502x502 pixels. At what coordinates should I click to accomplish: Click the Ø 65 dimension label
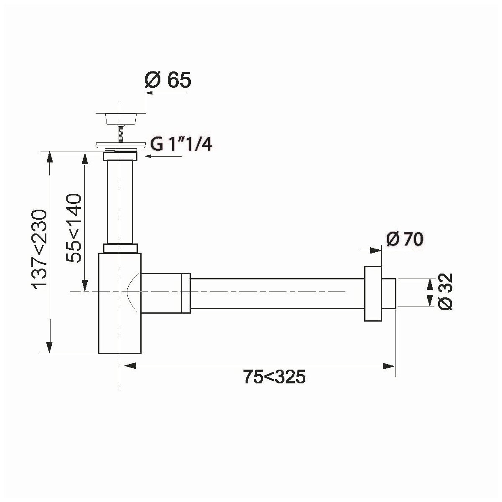click(x=168, y=79)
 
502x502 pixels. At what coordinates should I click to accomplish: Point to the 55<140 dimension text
click(x=73, y=228)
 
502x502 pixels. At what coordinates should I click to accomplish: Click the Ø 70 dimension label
click(x=405, y=239)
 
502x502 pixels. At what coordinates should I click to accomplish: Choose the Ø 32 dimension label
click(x=445, y=292)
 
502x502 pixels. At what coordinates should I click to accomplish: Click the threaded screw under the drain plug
click(x=121, y=134)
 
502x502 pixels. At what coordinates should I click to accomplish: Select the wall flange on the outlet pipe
click(x=373, y=294)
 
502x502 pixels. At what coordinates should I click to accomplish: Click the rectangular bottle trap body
click(x=120, y=303)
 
